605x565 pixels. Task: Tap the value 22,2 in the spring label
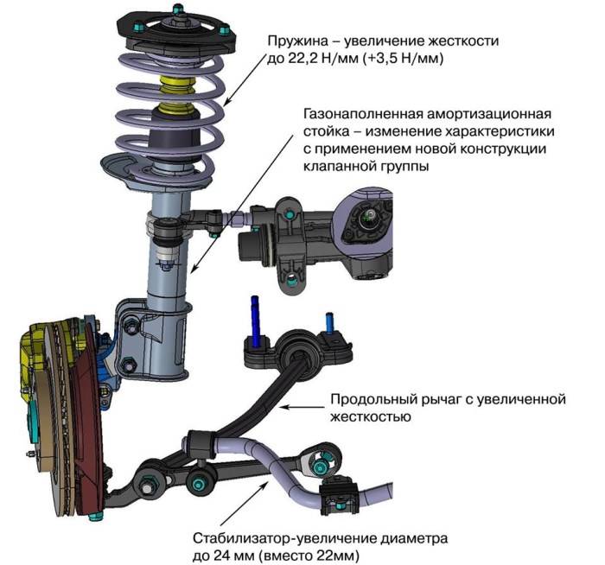[301, 60]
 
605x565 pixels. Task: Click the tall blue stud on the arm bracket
[257, 315]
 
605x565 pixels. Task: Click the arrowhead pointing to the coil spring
[226, 103]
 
